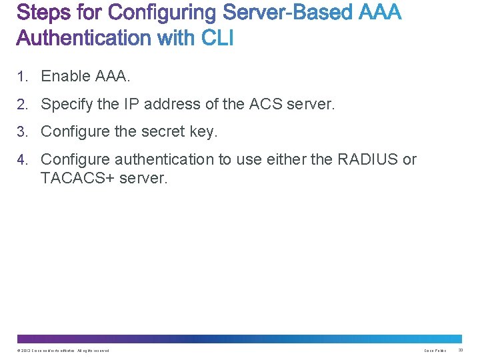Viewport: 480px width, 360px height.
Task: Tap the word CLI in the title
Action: pos(215,38)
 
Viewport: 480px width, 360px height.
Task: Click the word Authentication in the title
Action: pos(83,38)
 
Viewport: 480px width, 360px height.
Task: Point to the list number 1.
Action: pos(22,77)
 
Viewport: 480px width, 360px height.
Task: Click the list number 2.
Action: pos(22,105)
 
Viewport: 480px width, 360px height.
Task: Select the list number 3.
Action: pos(22,133)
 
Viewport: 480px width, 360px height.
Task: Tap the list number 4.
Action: pos(22,160)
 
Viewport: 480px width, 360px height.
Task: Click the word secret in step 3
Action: pos(163,132)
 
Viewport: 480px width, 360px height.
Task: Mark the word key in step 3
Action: pos(203,133)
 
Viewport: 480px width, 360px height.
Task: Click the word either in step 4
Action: pos(284,160)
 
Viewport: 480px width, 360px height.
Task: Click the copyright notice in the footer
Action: pos(63,350)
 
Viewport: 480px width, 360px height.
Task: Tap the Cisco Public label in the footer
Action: pos(435,350)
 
